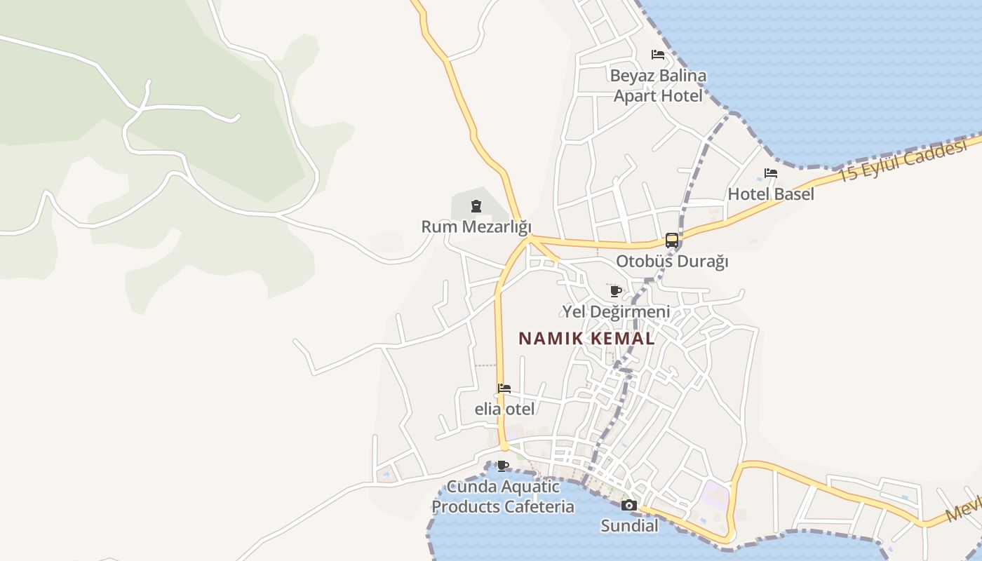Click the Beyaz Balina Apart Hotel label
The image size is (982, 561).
click(658, 86)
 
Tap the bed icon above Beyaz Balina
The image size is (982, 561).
click(658, 55)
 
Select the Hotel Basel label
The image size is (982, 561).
click(771, 194)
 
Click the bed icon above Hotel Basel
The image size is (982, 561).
click(771, 173)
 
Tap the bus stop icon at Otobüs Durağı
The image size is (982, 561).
click(672, 241)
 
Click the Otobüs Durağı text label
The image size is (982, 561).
click(672, 262)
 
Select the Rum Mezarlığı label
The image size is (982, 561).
click(476, 227)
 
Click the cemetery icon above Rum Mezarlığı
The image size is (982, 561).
click(476, 206)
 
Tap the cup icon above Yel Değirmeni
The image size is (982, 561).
click(616, 291)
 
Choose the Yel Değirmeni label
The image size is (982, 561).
click(616, 311)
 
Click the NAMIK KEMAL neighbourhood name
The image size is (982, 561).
click(586, 339)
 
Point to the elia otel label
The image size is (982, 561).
click(504, 409)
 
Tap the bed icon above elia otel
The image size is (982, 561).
click(504, 388)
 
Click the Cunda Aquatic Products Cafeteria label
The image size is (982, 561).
click(503, 496)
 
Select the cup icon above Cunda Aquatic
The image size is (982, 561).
click(503, 466)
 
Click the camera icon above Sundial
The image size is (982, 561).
click(629, 506)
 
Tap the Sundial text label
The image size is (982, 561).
click(629, 525)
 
